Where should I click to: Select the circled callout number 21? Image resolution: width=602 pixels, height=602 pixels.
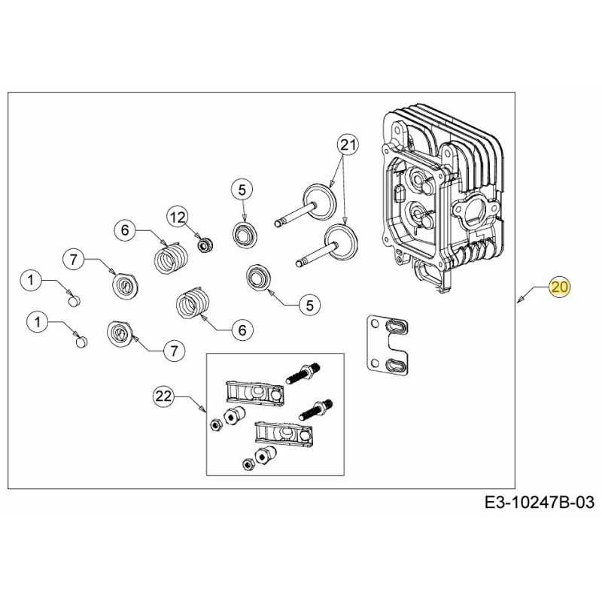345,144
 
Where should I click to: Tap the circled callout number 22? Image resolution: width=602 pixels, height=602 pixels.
163,395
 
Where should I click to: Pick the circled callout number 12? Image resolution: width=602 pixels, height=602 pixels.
178,217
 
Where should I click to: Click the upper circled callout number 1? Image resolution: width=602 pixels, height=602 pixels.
30,281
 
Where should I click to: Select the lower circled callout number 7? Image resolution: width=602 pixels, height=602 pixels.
174,350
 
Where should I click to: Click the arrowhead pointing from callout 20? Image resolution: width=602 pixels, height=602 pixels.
521,302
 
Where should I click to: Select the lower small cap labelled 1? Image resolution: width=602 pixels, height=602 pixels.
80,342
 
